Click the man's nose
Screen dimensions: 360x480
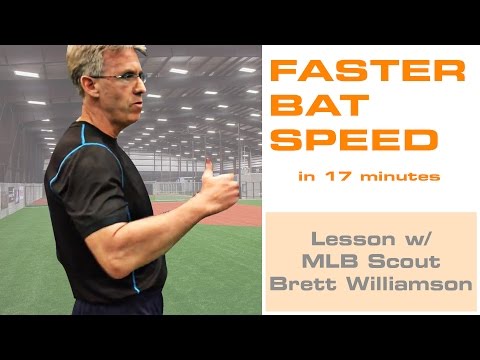coord(146,87)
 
